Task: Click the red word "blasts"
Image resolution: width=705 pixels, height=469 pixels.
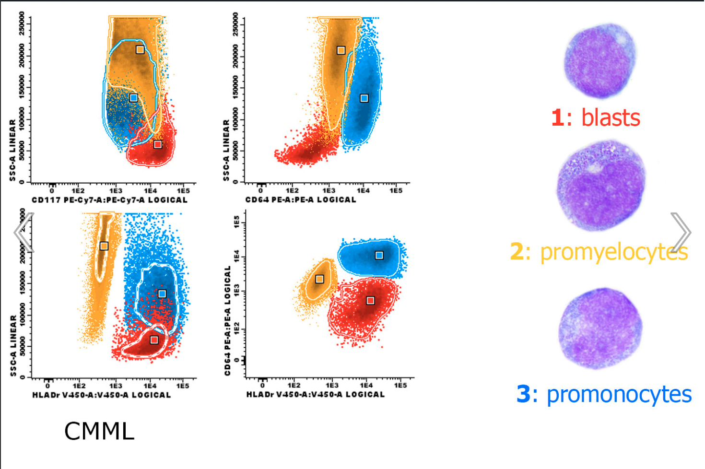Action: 611,118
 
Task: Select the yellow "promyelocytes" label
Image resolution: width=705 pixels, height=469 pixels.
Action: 614,252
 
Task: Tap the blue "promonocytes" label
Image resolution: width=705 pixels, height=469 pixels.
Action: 619,395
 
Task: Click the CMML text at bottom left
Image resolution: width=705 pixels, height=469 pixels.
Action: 99,431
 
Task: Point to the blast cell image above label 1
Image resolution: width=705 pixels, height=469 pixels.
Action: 600,61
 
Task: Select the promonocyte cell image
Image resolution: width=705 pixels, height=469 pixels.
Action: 600,328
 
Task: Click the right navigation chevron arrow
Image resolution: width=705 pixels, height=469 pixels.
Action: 681,232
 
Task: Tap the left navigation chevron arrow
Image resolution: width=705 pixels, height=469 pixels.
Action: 24,232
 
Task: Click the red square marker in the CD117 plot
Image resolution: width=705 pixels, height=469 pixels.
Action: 158,144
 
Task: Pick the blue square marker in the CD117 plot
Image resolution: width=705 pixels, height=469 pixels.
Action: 134,98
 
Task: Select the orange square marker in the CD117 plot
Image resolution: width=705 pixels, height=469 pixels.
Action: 140,50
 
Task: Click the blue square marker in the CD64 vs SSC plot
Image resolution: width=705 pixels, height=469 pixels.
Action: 364,98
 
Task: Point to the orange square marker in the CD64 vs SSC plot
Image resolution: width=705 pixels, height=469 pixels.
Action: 341,50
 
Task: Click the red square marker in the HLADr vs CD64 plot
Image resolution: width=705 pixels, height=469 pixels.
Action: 370,301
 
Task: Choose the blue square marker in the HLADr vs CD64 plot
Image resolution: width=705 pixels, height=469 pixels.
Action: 379,256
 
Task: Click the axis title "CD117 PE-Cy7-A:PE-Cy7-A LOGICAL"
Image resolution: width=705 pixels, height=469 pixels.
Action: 109,200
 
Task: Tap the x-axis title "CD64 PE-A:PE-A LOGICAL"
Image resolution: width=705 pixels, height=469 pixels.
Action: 301,199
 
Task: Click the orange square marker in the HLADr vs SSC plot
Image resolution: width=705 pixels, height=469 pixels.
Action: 104,246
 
